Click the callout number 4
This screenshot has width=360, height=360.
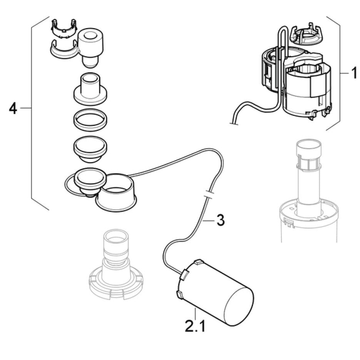tap(13, 109)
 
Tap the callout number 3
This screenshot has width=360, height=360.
tap(220, 221)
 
